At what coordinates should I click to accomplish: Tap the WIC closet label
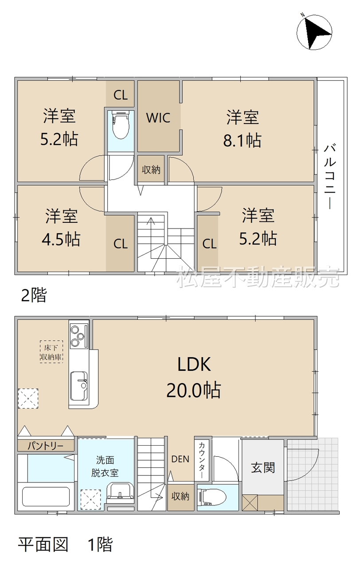[158, 118]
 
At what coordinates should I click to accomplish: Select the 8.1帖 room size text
[242, 140]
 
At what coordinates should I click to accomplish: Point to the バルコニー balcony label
[330, 177]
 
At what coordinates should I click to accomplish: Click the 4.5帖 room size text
[61, 239]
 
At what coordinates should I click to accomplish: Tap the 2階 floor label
[34, 295]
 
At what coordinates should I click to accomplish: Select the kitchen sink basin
[79, 386]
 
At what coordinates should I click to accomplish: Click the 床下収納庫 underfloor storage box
[51, 352]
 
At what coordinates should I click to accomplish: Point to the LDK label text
[194, 365]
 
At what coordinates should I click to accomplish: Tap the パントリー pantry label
[46, 446]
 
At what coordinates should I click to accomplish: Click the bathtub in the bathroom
[46, 497]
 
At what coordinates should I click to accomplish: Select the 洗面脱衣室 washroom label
[105, 466]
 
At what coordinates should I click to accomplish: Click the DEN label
[180, 459]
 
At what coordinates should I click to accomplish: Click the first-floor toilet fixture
[213, 498]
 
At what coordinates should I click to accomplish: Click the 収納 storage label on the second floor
[151, 170]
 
